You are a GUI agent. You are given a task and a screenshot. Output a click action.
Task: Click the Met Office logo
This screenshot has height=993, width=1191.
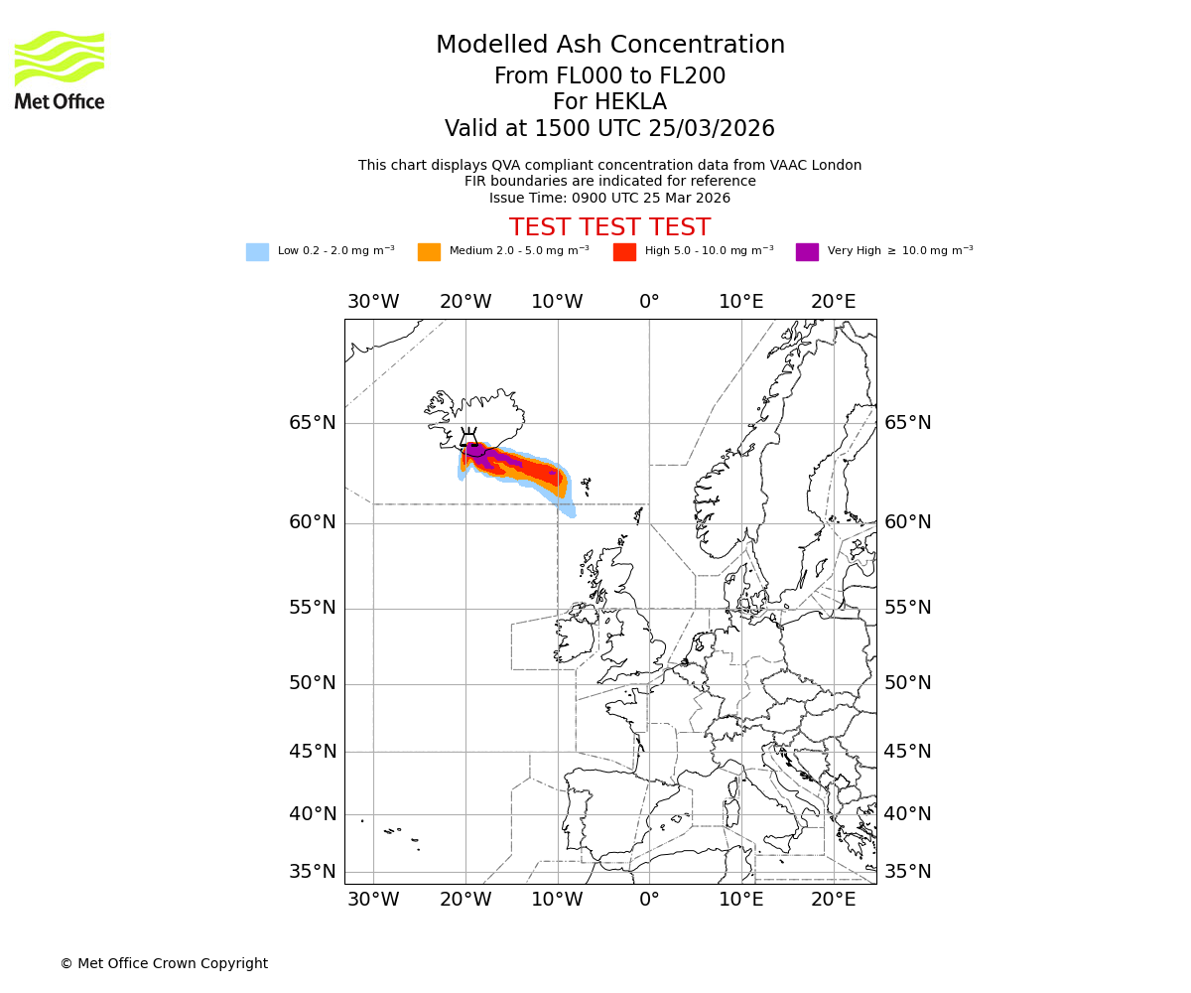[x=60, y=70]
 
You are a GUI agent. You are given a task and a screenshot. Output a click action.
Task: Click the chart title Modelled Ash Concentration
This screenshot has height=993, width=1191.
[x=610, y=45]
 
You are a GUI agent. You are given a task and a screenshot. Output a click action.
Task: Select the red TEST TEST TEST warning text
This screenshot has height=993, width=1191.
[x=609, y=227]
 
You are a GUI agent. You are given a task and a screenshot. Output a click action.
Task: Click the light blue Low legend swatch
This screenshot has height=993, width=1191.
[x=257, y=252]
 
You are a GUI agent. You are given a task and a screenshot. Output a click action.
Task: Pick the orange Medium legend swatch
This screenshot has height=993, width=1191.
[x=429, y=252]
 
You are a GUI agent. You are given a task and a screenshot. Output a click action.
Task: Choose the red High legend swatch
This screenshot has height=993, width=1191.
[x=624, y=252]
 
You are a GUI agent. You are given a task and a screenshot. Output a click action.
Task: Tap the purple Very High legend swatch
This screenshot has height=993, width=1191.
[x=807, y=252]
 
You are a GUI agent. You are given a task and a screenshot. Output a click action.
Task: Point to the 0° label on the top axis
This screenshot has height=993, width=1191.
[x=649, y=302]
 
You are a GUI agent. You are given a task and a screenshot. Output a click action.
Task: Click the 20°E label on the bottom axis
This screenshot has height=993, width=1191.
[x=833, y=900]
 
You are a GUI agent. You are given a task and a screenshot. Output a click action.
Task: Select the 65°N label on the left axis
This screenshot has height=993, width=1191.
[x=313, y=423]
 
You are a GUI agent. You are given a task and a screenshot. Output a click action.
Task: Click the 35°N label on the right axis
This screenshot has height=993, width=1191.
[x=908, y=872]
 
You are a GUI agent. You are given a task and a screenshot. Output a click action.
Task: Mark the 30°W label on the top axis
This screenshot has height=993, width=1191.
[x=373, y=302]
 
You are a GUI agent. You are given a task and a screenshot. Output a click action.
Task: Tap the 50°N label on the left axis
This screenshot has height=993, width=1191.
[x=313, y=683]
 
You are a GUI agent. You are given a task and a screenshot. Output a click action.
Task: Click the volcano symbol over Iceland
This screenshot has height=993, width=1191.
[x=468, y=439]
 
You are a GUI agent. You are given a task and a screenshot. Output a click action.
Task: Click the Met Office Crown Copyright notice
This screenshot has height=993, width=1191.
[x=164, y=963]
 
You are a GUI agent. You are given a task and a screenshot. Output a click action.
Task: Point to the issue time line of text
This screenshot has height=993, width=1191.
[x=609, y=198]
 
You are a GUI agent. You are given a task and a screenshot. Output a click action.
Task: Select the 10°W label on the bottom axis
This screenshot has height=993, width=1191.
[x=558, y=900]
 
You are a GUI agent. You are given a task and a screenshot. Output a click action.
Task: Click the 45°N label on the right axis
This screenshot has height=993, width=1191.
[x=908, y=752]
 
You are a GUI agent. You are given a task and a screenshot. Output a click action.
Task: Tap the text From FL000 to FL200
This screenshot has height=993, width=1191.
[x=610, y=76]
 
